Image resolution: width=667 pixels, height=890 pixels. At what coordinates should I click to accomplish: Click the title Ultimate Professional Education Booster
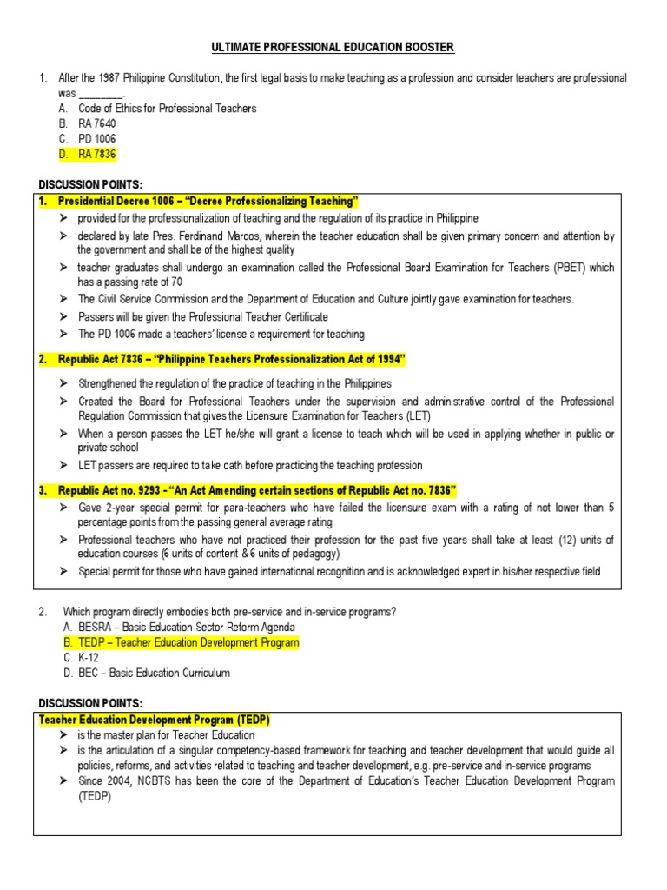(333, 47)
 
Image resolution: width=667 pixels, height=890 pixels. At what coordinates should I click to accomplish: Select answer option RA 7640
(96, 123)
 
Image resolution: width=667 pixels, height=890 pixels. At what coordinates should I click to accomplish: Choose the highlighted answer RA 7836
(96, 154)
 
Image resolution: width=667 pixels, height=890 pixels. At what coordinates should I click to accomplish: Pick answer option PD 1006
(96, 139)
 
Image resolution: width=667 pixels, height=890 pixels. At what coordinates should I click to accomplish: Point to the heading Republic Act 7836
(231, 360)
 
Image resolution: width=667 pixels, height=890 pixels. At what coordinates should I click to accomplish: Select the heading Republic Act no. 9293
(257, 490)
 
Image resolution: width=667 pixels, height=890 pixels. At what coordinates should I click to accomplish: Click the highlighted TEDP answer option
(188, 642)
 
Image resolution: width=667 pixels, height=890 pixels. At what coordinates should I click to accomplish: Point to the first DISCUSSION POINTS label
(90, 184)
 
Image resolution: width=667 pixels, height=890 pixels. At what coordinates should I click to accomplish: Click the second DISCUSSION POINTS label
(90, 703)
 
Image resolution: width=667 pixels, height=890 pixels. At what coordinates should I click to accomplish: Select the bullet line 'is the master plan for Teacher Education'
(154, 735)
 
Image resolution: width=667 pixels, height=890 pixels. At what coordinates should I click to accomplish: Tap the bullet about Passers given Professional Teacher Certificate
(203, 317)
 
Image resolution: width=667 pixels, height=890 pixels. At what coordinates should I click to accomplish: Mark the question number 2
(42, 612)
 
